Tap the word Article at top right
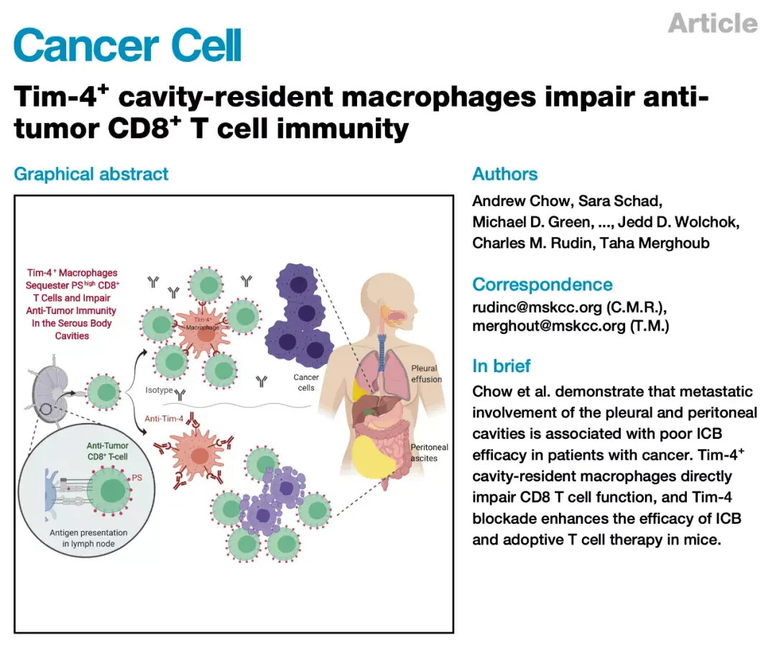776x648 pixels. tap(712, 23)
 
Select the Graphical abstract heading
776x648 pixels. tap(91, 174)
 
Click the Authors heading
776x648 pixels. tap(504, 174)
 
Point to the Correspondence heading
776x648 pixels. tap(542, 284)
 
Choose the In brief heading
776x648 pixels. tap(502, 366)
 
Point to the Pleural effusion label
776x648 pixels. tap(426, 374)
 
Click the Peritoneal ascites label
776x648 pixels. tap(429, 453)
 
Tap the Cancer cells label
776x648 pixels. tap(306, 382)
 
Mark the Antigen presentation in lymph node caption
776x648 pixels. tap(90, 538)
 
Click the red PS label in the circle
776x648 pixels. tap(138, 476)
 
